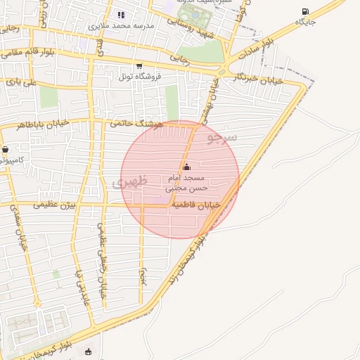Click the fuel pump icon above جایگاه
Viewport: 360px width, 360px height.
[x=305, y=11]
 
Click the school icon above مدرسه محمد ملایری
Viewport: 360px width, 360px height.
[x=121, y=15]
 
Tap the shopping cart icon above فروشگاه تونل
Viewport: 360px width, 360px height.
[x=139, y=66]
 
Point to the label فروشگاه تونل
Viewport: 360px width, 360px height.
[x=139, y=76]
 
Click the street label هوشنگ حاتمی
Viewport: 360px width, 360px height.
[x=136, y=122]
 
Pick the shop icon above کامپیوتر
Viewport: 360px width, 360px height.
[x=6, y=150]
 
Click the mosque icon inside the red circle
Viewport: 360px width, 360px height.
[x=186, y=167]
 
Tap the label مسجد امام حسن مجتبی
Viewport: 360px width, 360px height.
[x=186, y=184]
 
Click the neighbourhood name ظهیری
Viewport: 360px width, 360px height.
[x=130, y=183]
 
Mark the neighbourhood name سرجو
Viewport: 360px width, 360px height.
[x=221, y=136]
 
